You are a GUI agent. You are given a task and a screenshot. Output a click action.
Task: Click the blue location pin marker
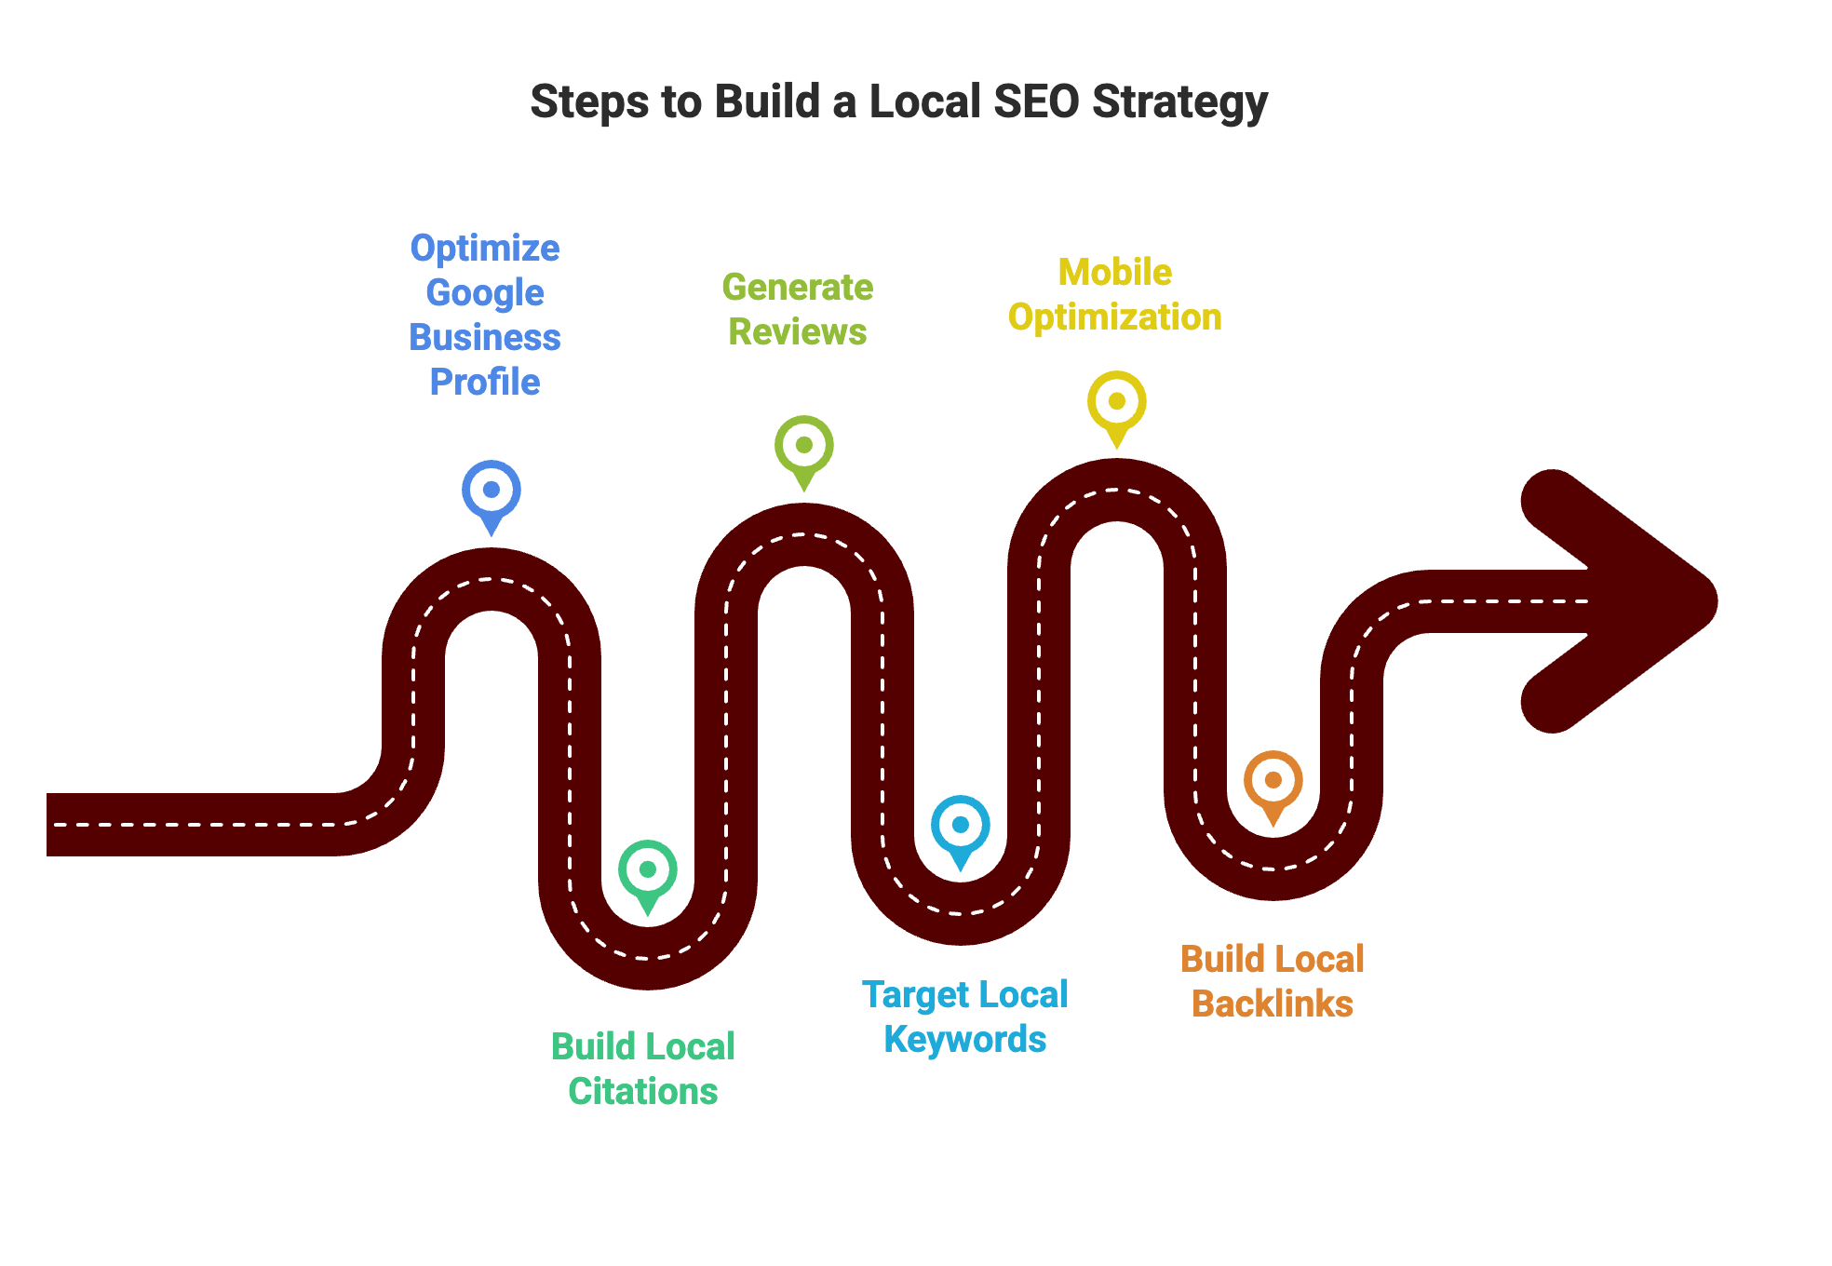492,491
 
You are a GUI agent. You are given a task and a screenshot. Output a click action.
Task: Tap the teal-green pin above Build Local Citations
648,870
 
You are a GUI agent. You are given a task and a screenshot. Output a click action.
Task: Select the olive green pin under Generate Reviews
804,446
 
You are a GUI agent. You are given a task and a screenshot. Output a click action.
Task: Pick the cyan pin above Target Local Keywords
961,826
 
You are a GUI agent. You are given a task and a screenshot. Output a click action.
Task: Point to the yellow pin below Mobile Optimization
1117,402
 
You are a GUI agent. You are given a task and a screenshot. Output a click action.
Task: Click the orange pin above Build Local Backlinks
1273,781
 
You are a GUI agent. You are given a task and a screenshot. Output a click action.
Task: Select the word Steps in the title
588,101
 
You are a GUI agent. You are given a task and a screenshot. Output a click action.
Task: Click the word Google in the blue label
485,293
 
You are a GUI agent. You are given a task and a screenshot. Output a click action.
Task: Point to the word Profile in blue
485,382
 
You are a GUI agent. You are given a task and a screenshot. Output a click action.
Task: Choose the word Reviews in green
798,332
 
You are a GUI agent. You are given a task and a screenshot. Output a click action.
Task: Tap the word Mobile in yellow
1115,273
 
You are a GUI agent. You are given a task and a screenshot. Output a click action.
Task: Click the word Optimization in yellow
1115,317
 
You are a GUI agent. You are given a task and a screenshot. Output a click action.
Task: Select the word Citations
643,1091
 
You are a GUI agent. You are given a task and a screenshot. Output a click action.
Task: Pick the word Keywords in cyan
965,1039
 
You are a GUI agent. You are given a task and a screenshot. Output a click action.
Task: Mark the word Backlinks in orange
1273,1003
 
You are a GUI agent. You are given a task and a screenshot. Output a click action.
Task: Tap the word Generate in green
798,288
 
